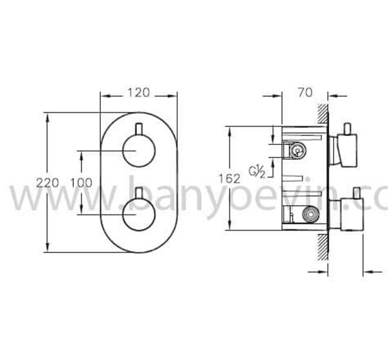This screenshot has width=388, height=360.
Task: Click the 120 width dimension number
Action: tap(138, 93)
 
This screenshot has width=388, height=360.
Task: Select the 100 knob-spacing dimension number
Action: tap(80, 183)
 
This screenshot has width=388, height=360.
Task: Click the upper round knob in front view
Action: tap(138, 153)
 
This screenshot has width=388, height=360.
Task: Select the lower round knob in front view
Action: tap(138, 213)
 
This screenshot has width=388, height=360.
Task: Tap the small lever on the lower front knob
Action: tap(138, 192)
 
